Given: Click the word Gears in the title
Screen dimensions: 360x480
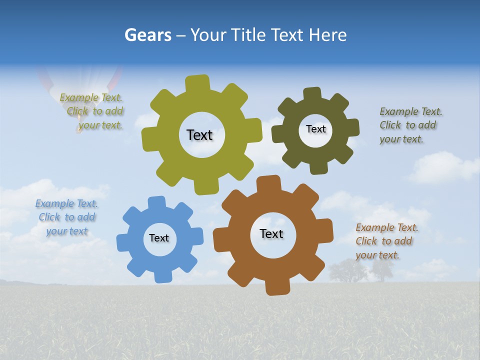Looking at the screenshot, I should [x=147, y=35].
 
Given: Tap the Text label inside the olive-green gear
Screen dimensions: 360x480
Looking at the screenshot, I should [x=199, y=135].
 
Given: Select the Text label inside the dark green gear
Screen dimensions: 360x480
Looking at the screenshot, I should [x=315, y=129].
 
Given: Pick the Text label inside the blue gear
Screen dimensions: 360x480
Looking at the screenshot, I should [x=159, y=238].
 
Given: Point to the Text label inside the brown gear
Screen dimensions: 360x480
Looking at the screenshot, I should [x=271, y=233].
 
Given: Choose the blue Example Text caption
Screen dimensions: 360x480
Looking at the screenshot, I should [x=66, y=217].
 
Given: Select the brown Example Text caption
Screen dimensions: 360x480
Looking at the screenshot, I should [x=386, y=241].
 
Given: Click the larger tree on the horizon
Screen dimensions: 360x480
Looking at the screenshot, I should [x=347, y=270].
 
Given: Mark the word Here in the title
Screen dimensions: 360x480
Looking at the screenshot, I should [x=328, y=35].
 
